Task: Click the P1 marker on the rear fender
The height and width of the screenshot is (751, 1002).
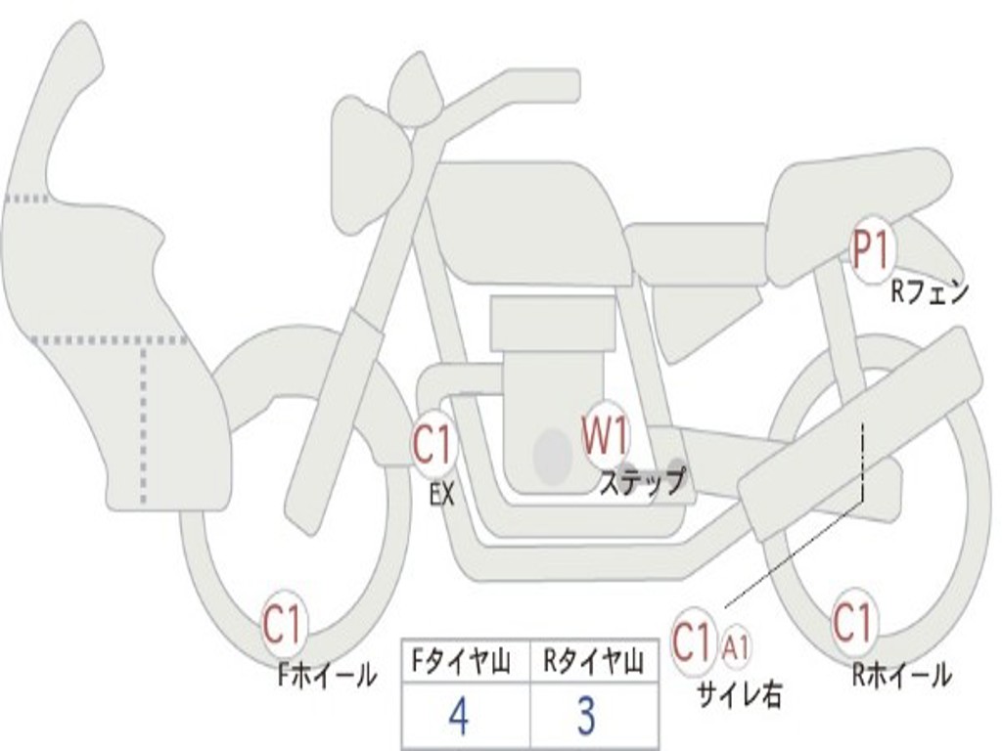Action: coord(872,251)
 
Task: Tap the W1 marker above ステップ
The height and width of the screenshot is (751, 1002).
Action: coord(605,435)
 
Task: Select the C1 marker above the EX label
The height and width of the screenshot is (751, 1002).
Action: coord(433,444)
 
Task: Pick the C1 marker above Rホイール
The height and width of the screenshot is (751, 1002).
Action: coord(852,621)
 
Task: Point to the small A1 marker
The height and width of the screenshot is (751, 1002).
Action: coord(735,647)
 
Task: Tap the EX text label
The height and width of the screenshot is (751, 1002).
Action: coord(441,494)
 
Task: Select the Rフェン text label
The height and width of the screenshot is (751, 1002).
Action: coord(930,292)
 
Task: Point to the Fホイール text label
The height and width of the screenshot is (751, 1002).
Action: coord(327,676)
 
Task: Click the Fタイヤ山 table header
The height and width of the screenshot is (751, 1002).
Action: coord(461,661)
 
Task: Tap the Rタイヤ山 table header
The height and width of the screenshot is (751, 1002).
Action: coord(593,661)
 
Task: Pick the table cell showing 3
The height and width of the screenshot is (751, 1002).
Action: coord(594,715)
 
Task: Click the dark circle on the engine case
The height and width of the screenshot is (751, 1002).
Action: coord(553,456)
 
